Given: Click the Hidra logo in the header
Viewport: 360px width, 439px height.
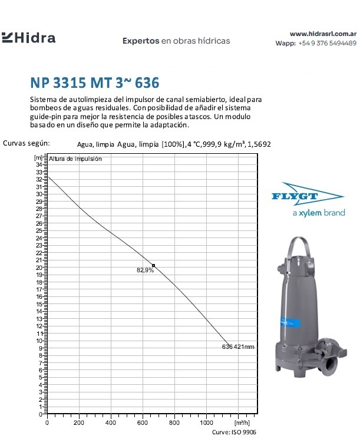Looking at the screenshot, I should pos(29,39).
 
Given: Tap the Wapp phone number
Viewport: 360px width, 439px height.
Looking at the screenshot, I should pos(327,44).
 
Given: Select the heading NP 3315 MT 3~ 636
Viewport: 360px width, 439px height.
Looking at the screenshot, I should pos(94,82).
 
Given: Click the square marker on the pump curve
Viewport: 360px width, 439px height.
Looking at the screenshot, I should pos(154,266).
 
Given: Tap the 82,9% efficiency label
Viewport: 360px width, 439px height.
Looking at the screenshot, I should pos(145,270).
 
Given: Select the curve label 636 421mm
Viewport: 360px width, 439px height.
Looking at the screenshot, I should pos(237,346).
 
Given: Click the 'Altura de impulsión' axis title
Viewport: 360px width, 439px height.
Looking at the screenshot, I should pos(75,159).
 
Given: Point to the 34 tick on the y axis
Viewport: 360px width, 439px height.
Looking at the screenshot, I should pos(39,164).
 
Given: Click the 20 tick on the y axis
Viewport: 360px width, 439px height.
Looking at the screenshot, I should pos(39,267).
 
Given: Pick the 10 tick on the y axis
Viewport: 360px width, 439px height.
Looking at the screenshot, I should pos(39,340).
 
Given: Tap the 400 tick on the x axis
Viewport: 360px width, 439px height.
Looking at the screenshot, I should pos(111,423).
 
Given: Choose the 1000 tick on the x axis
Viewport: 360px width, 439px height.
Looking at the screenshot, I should pos(206,423).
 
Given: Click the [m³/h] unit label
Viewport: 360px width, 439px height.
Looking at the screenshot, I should pos(242,423).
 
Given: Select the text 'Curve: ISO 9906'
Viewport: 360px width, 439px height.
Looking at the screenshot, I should pos(233,432).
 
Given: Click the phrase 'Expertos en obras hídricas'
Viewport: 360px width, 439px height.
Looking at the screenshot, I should pos(176,41).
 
